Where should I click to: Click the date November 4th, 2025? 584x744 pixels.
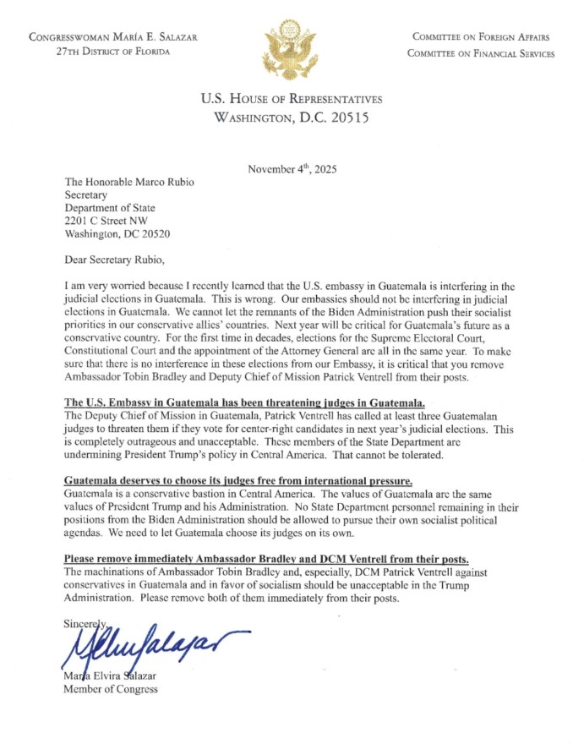pyautogui.click(x=292, y=169)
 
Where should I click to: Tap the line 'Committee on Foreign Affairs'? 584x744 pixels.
pyautogui.click(x=480, y=37)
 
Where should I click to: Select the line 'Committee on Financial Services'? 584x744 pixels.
pyautogui.click(x=480, y=53)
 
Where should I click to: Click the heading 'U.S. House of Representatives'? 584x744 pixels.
pyautogui.click(x=292, y=100)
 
